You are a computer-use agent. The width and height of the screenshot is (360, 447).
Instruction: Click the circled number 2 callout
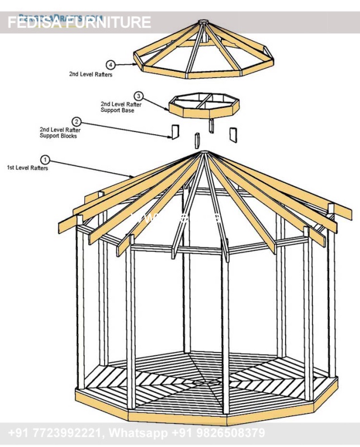[x=77, y=121]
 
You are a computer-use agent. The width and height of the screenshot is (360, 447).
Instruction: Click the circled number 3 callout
[x=139, y=96]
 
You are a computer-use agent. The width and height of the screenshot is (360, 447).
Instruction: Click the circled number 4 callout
[x=111, y=65]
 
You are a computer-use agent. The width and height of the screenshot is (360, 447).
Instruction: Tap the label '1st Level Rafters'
[x=27, y=168]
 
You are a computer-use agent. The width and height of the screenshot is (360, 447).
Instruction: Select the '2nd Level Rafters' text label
[x=91, y=74]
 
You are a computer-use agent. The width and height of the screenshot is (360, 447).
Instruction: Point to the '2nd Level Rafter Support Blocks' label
[x=58, y=133]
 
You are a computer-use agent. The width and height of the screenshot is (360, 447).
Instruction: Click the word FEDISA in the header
[x=33, y=22]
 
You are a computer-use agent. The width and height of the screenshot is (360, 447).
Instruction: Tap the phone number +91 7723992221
[x=55, y=433]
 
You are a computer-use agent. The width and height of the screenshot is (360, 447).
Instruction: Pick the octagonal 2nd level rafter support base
[x=204, y=106]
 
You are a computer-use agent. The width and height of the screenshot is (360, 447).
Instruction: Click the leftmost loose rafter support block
[x=174, y=132]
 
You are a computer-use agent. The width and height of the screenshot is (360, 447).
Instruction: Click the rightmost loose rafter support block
[x=233, y=134]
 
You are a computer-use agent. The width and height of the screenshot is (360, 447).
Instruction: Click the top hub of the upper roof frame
[x=203, y=23]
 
